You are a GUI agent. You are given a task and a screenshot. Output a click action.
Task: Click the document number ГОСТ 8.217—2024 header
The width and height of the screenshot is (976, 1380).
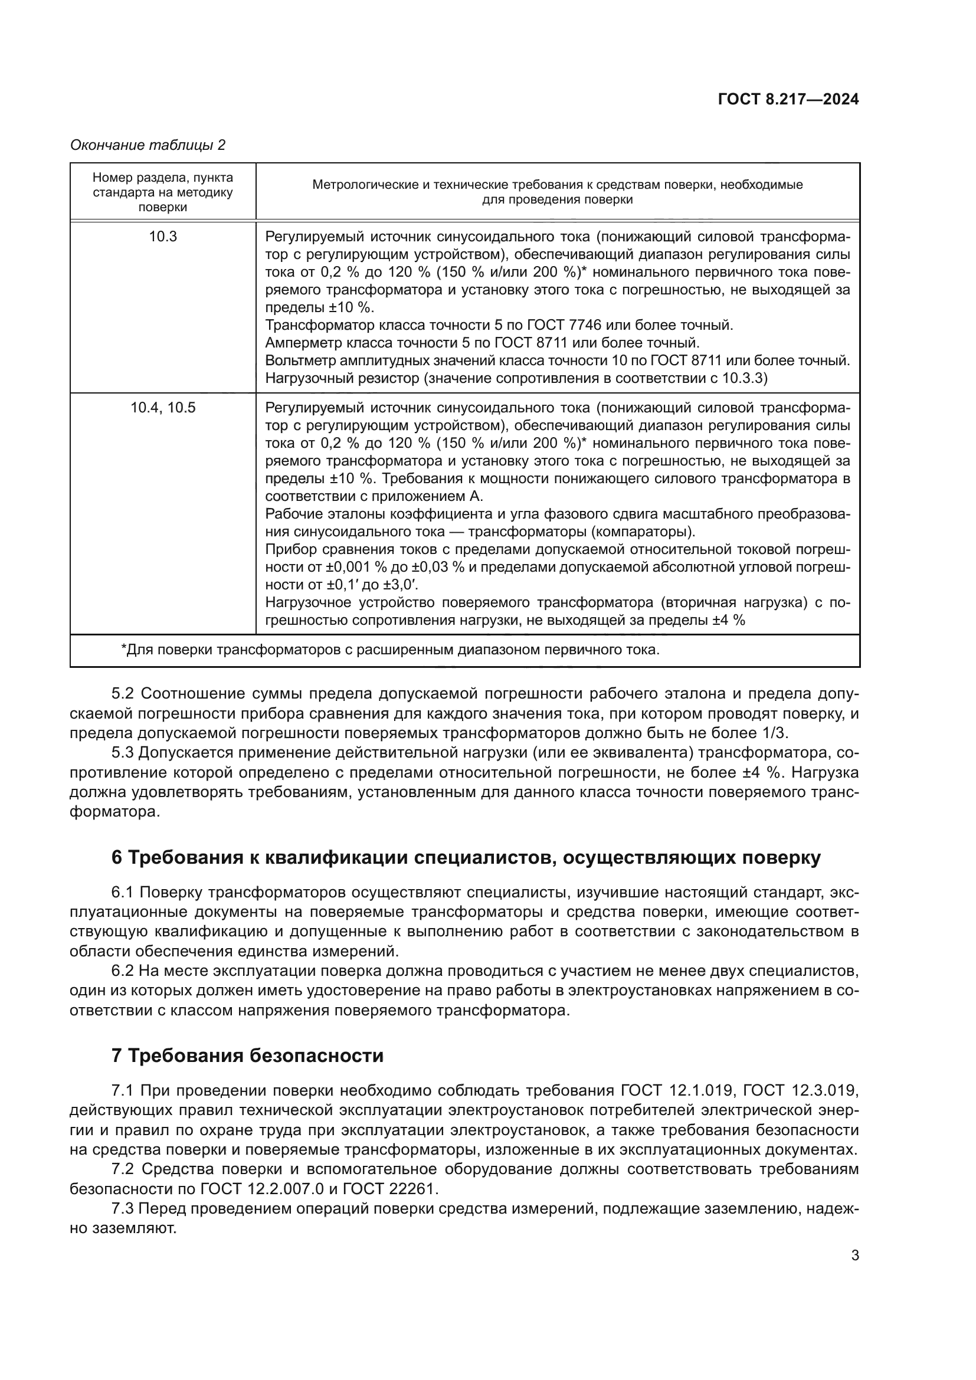pyautogui.click(x=788, y=100)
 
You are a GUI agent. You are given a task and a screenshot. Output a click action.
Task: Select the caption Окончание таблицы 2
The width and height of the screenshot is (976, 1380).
pyautogui.click(x=148, y=145)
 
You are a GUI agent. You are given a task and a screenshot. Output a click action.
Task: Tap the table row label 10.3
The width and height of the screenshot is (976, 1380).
pyautogui.click(x=163, y=237)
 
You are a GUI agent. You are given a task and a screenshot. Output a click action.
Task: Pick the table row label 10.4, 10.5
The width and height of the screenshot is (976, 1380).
pyautogui.click(x=163, y=408)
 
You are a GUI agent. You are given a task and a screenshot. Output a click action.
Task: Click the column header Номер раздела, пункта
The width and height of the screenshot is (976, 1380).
pyautogui.click(x=163, y=178)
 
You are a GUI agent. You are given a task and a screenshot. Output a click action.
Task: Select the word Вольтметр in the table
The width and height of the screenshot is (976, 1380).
pyautogui.click(x=300, y=360)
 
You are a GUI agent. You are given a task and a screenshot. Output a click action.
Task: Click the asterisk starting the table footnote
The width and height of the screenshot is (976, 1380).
pyautogui.click(x=124, y=649)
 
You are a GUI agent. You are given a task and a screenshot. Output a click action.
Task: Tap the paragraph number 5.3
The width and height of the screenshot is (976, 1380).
pyautogui.click(x=123, y=753)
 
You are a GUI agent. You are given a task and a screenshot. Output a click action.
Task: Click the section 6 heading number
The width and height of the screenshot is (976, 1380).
pyautogui.click(x=117, y=858)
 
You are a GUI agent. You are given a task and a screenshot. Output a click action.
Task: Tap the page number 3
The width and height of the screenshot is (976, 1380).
pyautogui.click(x=855, y=1256)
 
